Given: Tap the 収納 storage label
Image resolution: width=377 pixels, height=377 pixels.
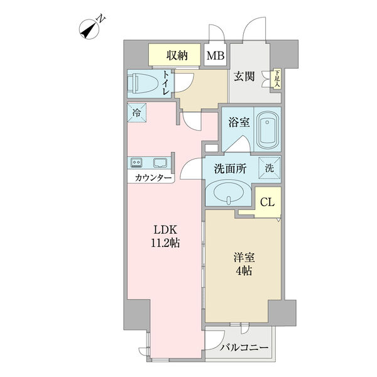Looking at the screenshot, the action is (x=177, y=56).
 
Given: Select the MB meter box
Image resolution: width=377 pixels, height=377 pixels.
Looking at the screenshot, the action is (x=216, y=55).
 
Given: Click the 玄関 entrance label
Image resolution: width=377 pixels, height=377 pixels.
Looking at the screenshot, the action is (x=244, y=77).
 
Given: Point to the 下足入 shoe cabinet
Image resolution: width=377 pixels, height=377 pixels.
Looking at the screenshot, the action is (x=278, y=79).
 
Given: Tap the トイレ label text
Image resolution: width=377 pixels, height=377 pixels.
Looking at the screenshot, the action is (x=166, y=83).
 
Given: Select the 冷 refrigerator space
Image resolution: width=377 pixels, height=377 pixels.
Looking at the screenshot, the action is (x=136, y=112).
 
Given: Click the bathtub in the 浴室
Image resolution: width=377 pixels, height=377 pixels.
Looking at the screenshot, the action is (x=268, y=130).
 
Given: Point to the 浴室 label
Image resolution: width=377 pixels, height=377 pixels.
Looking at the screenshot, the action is (x=239, y=123).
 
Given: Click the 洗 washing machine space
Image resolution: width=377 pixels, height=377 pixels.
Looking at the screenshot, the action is (x=270, y=168).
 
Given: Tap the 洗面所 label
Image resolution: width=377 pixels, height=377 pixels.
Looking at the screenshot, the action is (x=230, y=169).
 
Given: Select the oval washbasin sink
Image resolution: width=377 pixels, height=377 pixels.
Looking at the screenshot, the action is (x=229, y=194).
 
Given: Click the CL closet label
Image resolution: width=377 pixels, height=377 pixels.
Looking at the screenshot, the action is (x=267, y=202).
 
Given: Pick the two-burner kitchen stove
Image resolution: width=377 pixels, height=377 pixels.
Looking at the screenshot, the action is (x=136, y=163).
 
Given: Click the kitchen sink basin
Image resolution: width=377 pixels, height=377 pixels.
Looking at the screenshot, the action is (x=160, y=163).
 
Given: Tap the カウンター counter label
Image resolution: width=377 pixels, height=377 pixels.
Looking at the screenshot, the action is (x=153, y=178).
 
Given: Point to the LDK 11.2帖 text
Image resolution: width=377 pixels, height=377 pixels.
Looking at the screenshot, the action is (x=165, y=237).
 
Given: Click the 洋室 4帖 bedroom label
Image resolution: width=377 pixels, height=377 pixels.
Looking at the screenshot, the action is (x=244, y=265).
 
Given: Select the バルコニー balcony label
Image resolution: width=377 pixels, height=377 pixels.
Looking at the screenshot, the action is (x=244, y=347).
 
